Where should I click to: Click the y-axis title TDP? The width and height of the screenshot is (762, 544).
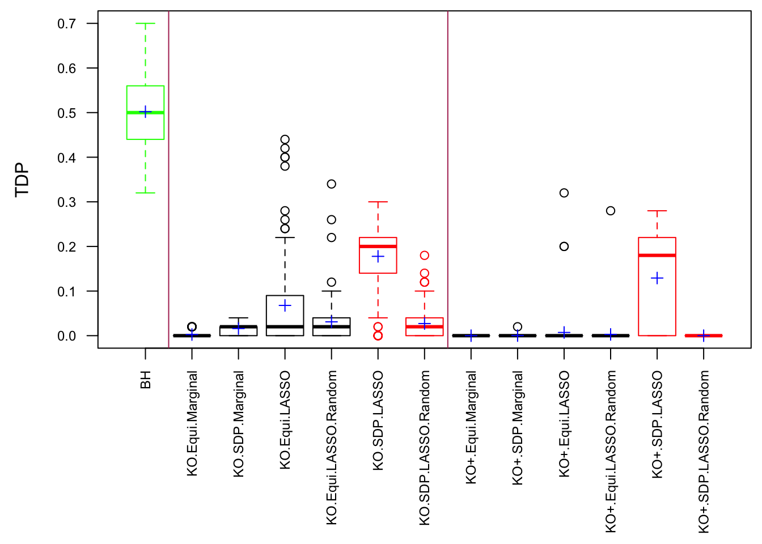[x=22, y=180]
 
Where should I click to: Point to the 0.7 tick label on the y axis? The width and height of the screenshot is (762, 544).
[x=66, y=24]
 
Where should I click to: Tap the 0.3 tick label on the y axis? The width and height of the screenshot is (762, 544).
[x=66, y=202]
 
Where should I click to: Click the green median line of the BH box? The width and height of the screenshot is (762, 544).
[x=146, y=113]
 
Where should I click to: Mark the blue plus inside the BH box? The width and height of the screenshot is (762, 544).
[x=146, y=112]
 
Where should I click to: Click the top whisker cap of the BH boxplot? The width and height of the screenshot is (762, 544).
[x=146, y=24]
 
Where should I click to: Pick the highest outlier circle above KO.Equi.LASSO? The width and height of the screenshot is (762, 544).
[x=285, y=139]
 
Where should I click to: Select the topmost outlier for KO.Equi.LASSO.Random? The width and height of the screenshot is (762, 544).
[x=332, y=184]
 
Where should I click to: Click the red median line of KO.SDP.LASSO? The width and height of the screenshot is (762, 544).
[x=378, y=246]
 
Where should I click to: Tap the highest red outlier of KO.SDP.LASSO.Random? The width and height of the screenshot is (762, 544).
[x=425, y=256]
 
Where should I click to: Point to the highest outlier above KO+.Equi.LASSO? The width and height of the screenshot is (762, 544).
[x=564, y=193]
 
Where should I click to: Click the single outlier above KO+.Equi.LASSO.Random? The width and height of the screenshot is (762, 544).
[x=611, y=211]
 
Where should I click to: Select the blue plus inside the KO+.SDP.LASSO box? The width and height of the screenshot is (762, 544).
[x=657, y=278]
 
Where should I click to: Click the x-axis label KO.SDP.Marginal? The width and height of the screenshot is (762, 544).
[x=239, y=424]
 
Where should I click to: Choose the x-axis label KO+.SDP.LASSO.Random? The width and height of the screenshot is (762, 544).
[x=704, y=452]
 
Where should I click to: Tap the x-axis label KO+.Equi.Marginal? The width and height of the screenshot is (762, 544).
[x=471, y=427]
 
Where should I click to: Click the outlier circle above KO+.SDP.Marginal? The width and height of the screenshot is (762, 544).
[x=518, y=327]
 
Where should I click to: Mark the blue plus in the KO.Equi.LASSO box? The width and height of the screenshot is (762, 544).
[x=285, y=306]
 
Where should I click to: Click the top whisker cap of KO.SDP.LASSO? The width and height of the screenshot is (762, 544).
[x=378, y=202]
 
